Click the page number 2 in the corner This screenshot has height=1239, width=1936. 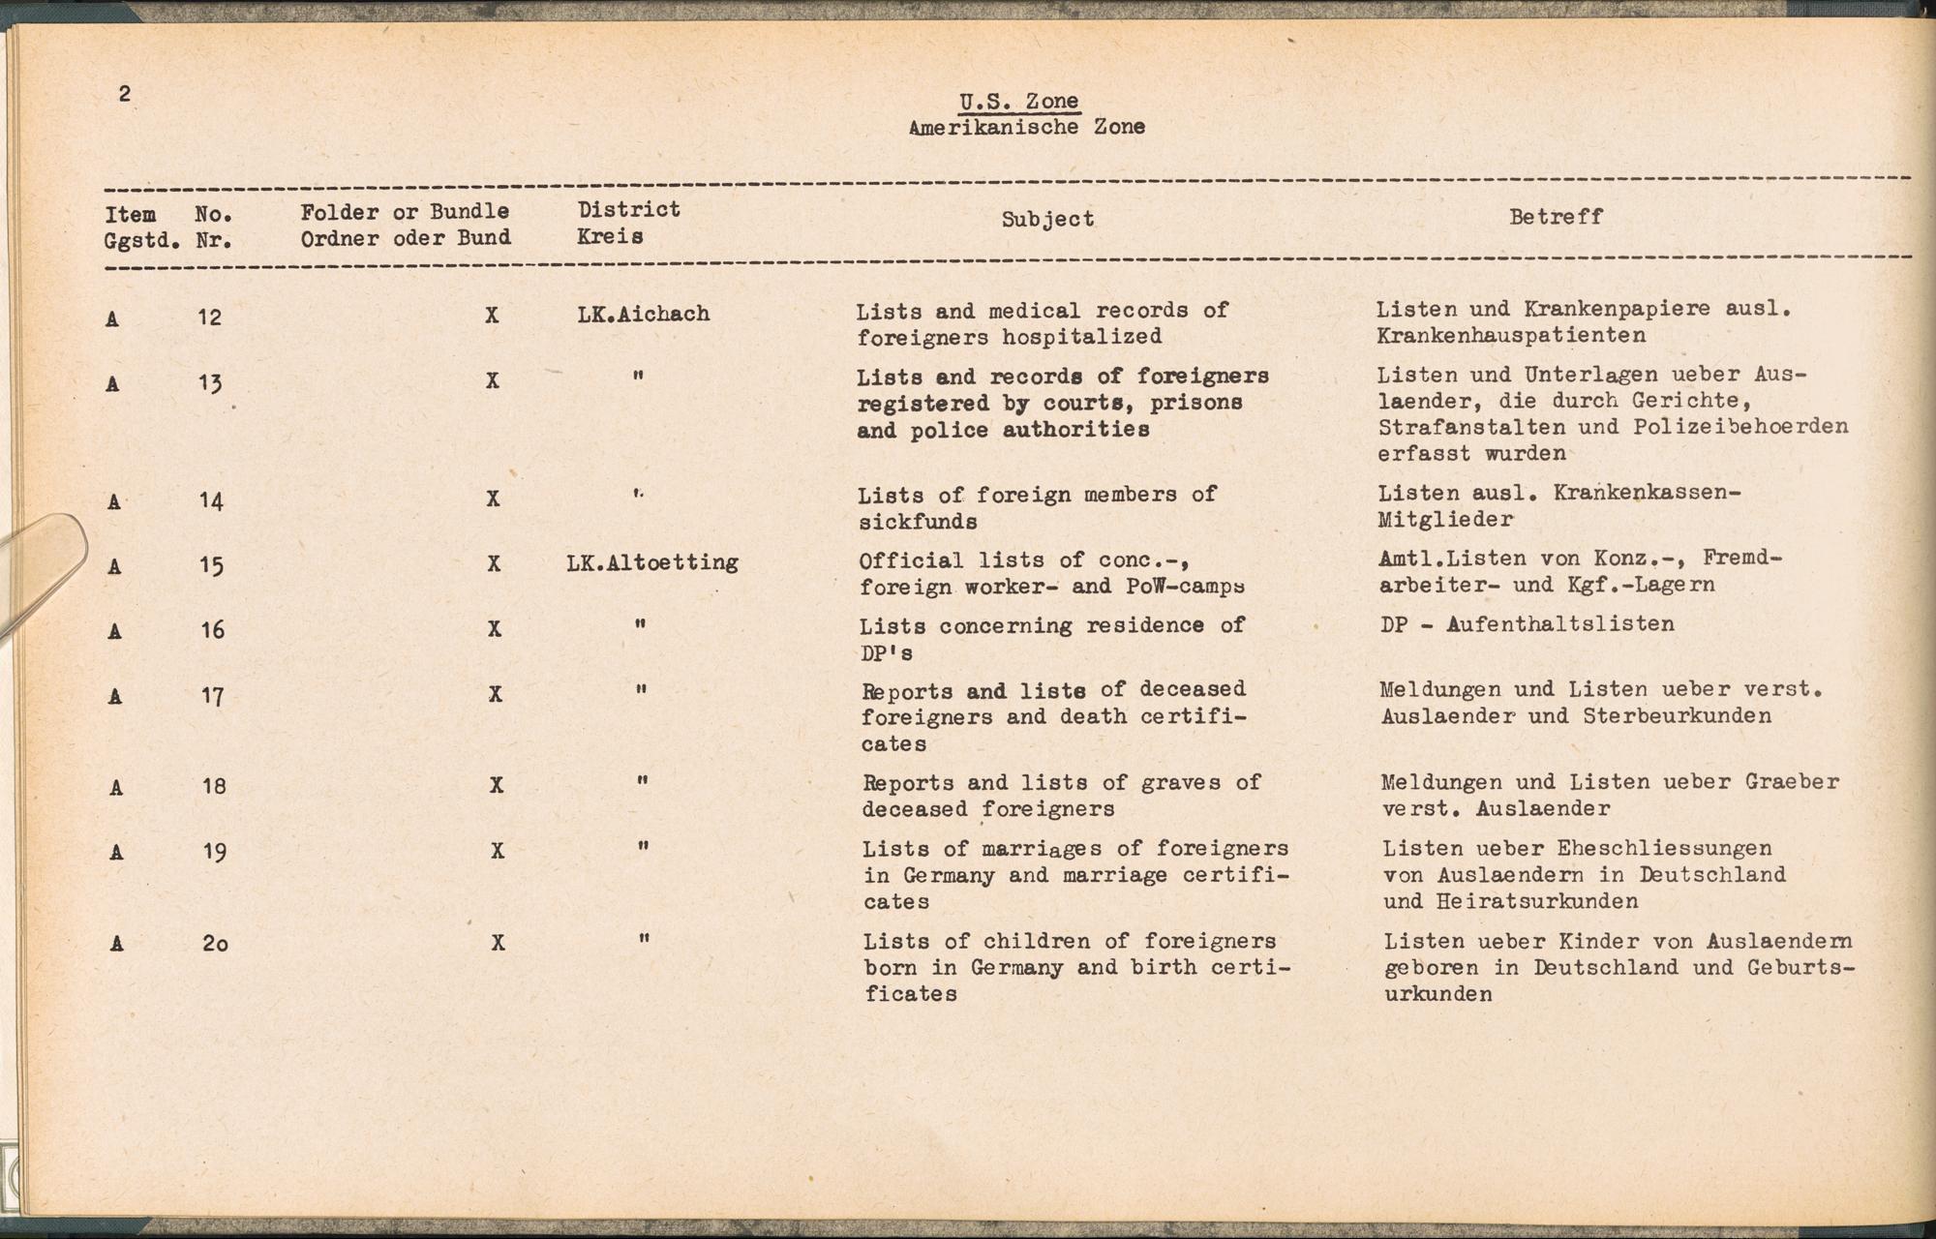124,94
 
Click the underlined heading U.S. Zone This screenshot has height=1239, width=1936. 1018,102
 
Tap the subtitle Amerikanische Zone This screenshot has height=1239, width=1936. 1026,127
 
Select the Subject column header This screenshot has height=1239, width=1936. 1047,220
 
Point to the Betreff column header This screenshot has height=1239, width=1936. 1556,217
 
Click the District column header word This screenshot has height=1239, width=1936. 629,210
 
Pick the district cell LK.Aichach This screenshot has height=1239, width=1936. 644,314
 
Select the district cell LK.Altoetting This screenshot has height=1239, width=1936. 652,562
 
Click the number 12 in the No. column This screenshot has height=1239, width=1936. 209,317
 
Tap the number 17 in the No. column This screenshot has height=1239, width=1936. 212,696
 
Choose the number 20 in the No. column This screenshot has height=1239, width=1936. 215,943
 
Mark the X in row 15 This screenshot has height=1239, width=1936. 494,563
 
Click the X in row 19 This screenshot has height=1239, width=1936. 498,851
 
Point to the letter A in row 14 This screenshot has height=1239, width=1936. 114,501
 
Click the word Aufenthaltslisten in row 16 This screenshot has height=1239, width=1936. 1560,623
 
